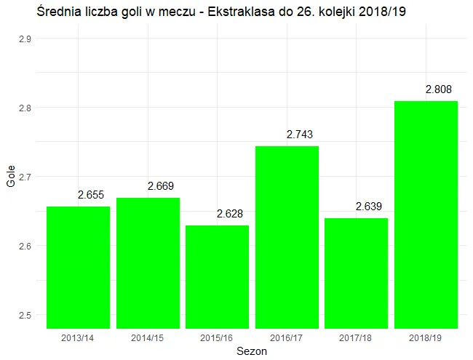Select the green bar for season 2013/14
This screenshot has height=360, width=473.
coord(78,267)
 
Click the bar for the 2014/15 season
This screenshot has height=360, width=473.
coord(148,263)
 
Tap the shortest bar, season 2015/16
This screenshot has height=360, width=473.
coord(217,276)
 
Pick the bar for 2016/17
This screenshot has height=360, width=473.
coord(287,237)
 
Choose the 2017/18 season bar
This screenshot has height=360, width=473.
coord(356,273)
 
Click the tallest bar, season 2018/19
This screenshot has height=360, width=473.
coord(426,215)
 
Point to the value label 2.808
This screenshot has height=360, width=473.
coord(438,89)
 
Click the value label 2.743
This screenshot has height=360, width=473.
coord(299,135)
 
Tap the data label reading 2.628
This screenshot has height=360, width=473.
coord(230,214)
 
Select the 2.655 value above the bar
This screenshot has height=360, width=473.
coord(91,195)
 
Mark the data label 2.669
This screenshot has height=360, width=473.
coord(160,186)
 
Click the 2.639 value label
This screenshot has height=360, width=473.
coord(369,207)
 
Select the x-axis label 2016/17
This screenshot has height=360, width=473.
coord(287,338)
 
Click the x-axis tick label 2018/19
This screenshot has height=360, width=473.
coord(426,338)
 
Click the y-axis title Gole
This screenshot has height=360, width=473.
coord(10,176)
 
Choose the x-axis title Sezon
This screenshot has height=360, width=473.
coord(252,351)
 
